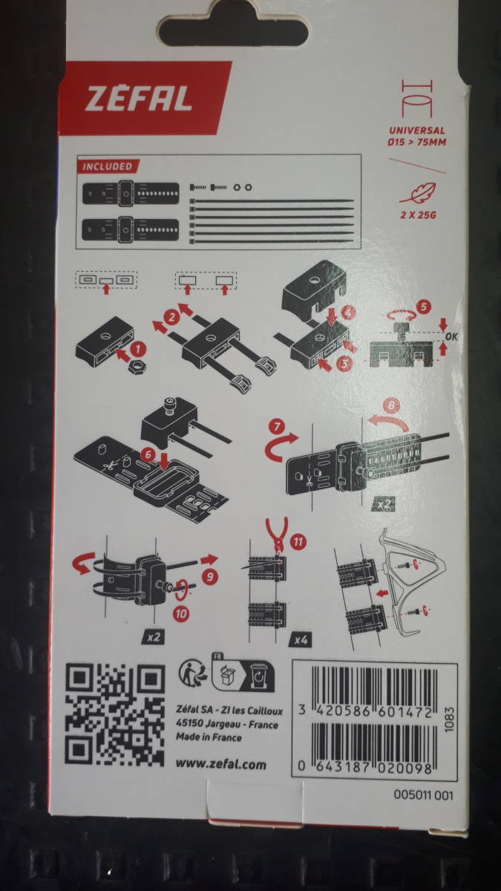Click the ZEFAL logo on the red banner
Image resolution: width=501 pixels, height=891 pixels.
click(x=138, y=99)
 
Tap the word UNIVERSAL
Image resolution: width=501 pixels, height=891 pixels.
click(x=417, y=130)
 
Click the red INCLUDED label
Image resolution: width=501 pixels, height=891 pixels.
click(x=108, y=166)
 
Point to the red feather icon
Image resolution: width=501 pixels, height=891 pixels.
click(x=418, y=193)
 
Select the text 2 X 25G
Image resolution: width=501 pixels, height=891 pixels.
click(x=419, y=215)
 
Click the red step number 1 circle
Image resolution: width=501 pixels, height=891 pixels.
click(x=137, y=350)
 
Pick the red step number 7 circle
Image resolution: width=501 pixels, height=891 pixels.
click(x=277, y=427)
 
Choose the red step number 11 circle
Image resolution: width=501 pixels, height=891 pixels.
click(x=298, y=541)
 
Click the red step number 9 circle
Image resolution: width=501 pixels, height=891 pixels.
click(x=210, y=576)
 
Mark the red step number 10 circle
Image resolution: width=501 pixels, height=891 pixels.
click(x=181, y=614)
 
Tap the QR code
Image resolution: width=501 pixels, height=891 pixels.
click(x=114, y=714)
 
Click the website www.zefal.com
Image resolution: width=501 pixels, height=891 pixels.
click(x=221, y=765)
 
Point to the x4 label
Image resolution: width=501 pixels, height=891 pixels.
click(x=301, y=640)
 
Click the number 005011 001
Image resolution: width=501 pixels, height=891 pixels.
click(x=424, y=795)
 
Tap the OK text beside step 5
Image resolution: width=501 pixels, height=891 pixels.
click(x=451, y=336)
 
